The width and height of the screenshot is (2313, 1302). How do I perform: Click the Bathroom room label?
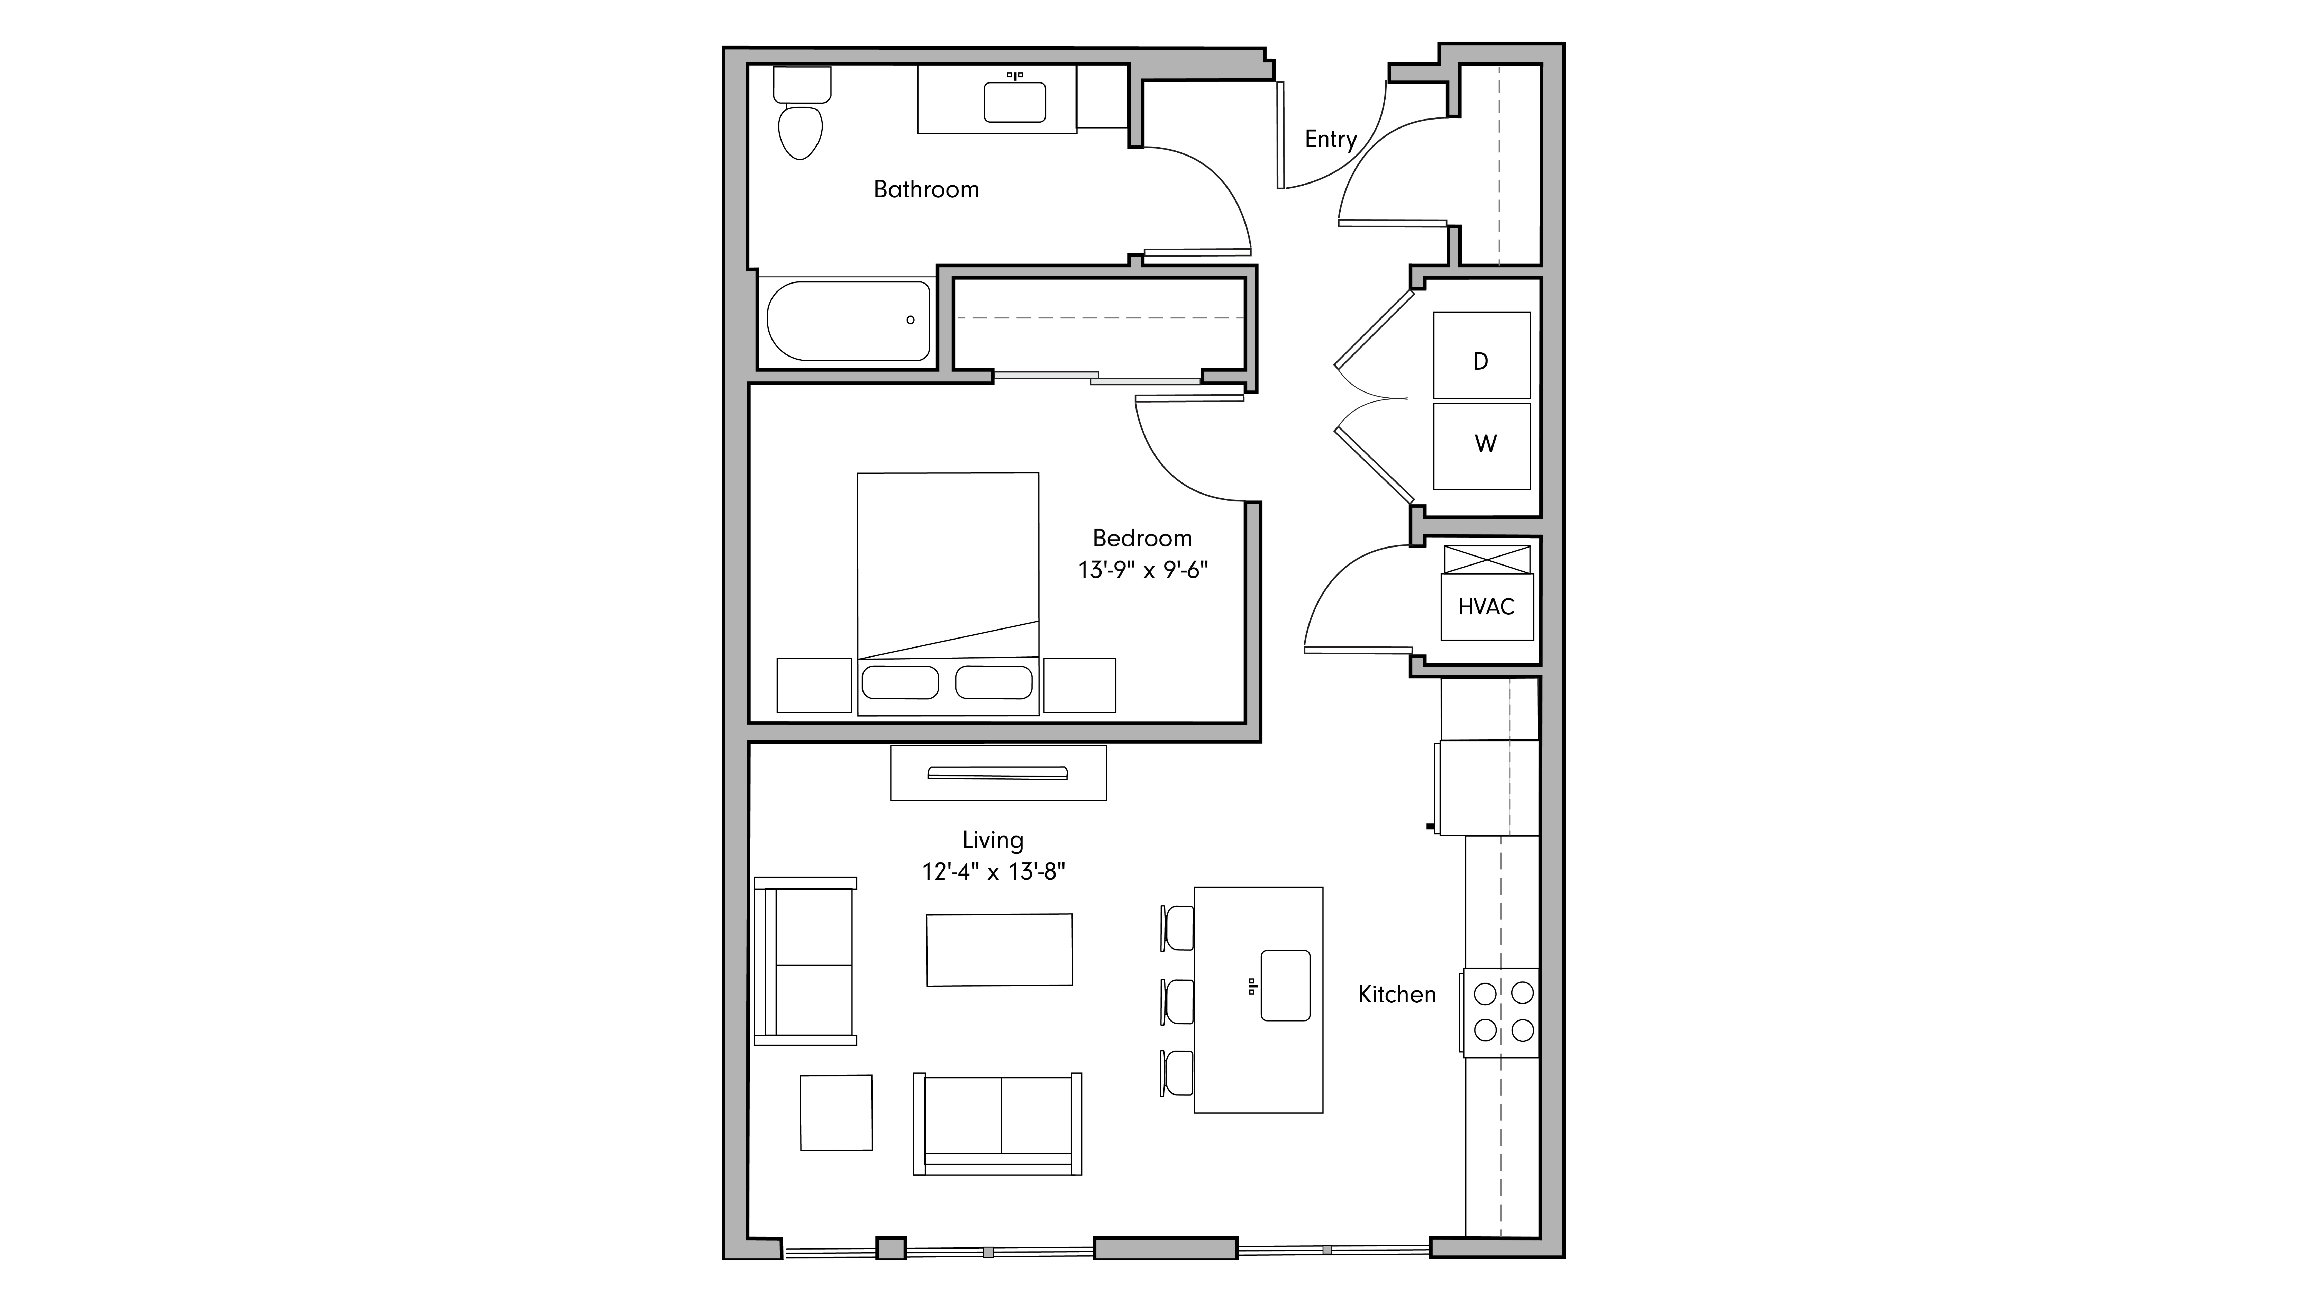click(926, 190)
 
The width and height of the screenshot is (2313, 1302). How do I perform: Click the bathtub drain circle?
click(910, 320)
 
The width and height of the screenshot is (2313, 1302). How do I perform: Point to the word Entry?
click(1330, 139)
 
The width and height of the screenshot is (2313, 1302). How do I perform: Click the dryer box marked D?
click(1481, 355)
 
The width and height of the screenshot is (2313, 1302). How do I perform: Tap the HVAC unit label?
click(1486, 607)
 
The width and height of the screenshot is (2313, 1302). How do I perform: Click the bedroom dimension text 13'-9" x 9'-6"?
click(1142, 570)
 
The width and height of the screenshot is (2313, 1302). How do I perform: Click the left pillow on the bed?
click(900, 682)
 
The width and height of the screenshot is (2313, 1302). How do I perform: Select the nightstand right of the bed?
click(1079, 685)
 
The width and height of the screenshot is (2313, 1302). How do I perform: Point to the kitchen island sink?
click(1285, 985)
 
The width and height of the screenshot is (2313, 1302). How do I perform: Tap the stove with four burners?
click(1503, 1012)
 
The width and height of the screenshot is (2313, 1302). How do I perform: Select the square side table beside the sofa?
click(836, 1112)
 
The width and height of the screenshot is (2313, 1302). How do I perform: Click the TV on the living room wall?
click(998, 773)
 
